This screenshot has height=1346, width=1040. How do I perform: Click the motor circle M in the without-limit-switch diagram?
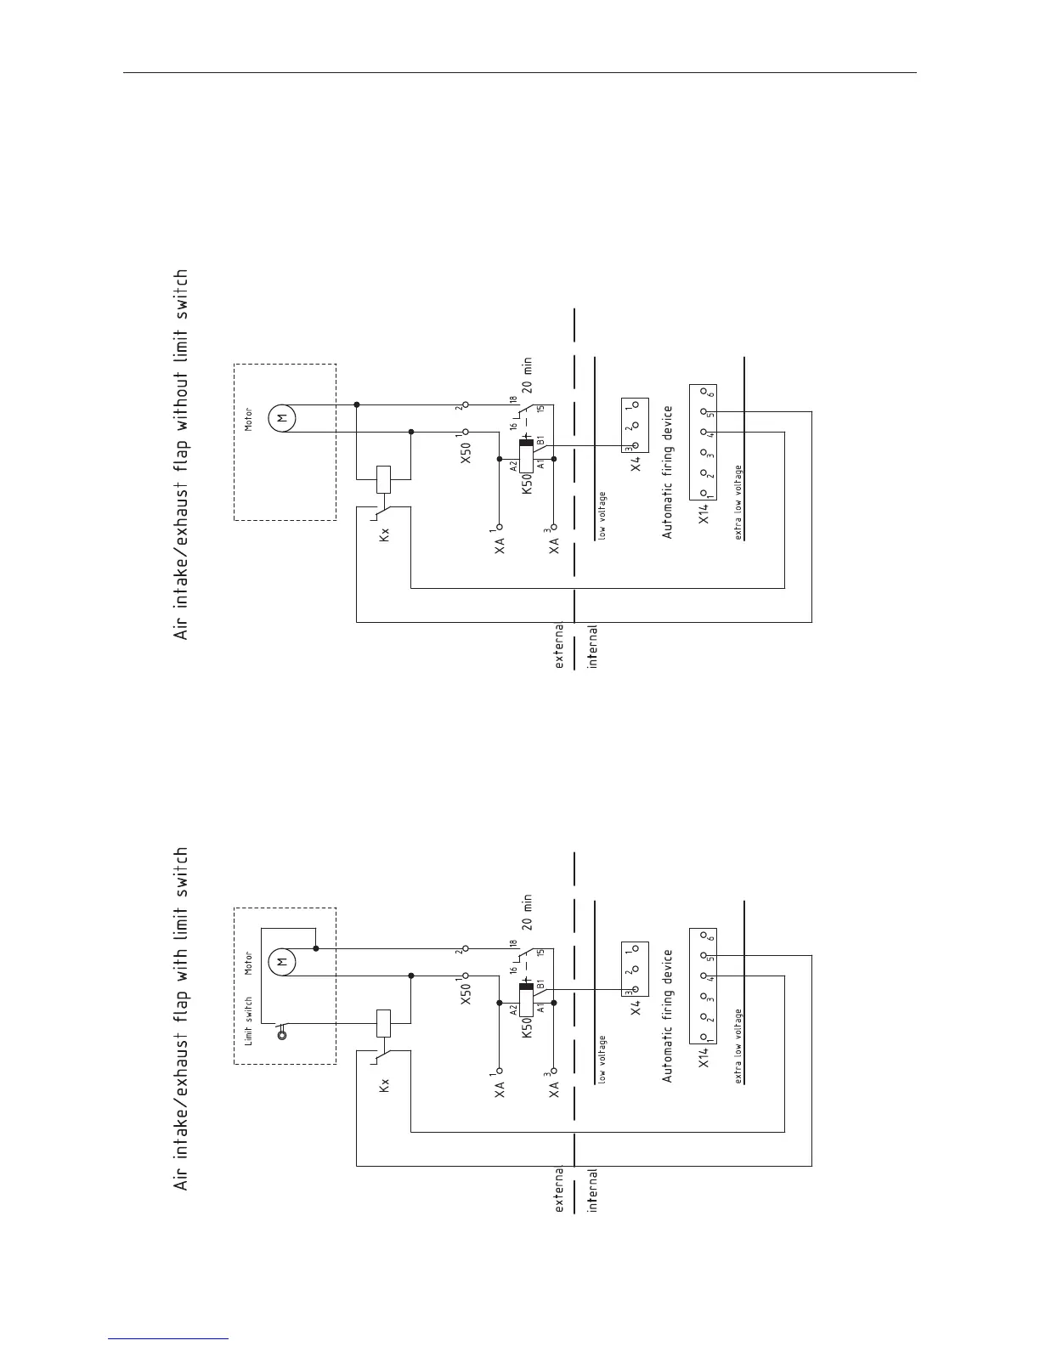click(x=281, y=417)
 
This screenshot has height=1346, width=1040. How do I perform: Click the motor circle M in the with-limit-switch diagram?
click(x=281, y=961)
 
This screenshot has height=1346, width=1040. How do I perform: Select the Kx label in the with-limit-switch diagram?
click(x=385, y=1085)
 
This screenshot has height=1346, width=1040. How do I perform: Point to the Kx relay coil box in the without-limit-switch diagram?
click(x=383, y=479)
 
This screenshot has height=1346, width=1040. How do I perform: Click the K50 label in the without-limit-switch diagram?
click(x=527, y=483)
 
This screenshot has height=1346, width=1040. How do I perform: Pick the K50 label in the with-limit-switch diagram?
click(x=527, y=1026)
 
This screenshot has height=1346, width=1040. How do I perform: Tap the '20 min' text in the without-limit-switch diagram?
click(x=528, y=376)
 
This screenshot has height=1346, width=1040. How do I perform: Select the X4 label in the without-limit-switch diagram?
click(x=636, y=463)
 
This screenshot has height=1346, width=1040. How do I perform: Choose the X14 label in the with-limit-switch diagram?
click(x=704, y=1057)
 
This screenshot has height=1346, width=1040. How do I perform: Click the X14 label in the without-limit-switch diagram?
click(x=704, y=513)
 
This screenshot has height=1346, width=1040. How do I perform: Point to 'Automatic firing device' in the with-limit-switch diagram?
click(x=668, y=1015)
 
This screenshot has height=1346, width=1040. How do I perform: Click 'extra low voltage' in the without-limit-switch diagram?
click(x=739, y=501)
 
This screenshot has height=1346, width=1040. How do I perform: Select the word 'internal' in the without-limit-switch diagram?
click(x=593, y=647)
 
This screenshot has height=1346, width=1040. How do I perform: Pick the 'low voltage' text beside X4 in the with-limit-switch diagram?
click(x=602, y=1059)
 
